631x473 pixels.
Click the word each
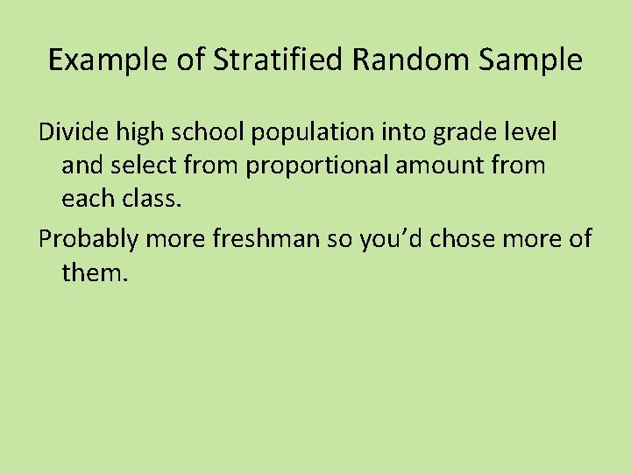88,199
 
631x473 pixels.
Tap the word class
151,199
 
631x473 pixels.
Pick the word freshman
265,239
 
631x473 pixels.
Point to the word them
95,272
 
